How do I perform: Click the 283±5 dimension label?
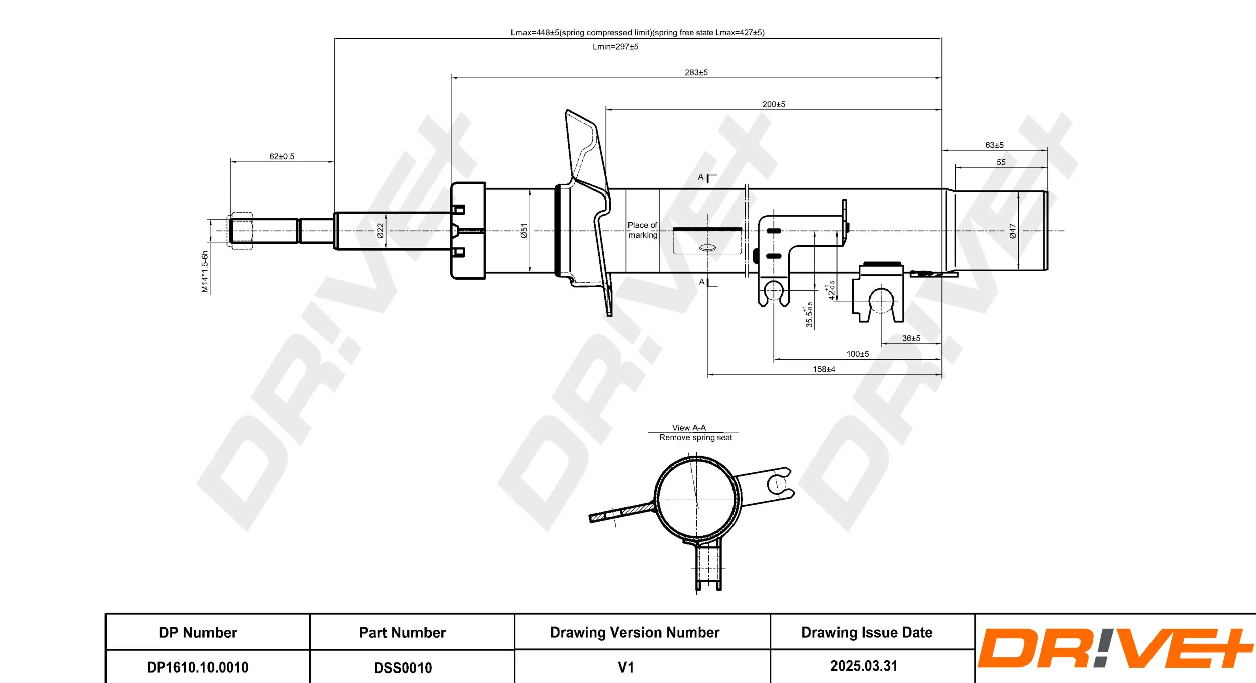pyautogui.click(x=696, y=73)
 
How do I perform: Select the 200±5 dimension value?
pyautogui.click(x=774, y=105)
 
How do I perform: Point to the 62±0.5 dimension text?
pyautogui.click(x=282, y=157)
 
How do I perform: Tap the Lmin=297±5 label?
pyautogui.click(x=615, y=47)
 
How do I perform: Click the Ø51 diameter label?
pyautogui.click(x=524, y=231)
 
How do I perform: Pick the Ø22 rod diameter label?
pyautogui.click(x=380, y=231)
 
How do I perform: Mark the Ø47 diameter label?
pyautogui.click(x=1013, y=231)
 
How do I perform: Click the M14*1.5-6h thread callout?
pyautogui.click(x=205, y=272)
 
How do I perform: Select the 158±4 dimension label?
pyautogui.click(x=824, y=370)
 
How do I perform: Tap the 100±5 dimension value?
pyautogui.click(x=858, y=354)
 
